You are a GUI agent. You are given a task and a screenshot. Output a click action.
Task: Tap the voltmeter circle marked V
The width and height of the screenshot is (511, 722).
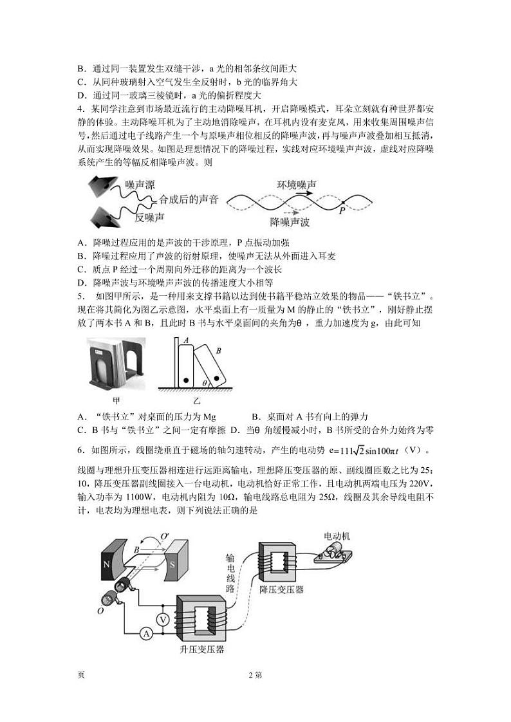[163, 618]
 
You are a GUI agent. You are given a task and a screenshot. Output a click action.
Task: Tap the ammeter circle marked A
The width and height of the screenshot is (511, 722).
[146, 634]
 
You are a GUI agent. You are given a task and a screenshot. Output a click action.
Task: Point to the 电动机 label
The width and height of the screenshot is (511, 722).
[337, 535]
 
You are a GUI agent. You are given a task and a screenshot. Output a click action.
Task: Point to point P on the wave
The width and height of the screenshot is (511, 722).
[342, 208]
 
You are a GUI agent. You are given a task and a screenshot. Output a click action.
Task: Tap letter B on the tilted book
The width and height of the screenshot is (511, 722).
[218, 351]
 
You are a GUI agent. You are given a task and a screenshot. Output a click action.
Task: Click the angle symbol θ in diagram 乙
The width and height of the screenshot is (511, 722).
[205, 382]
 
